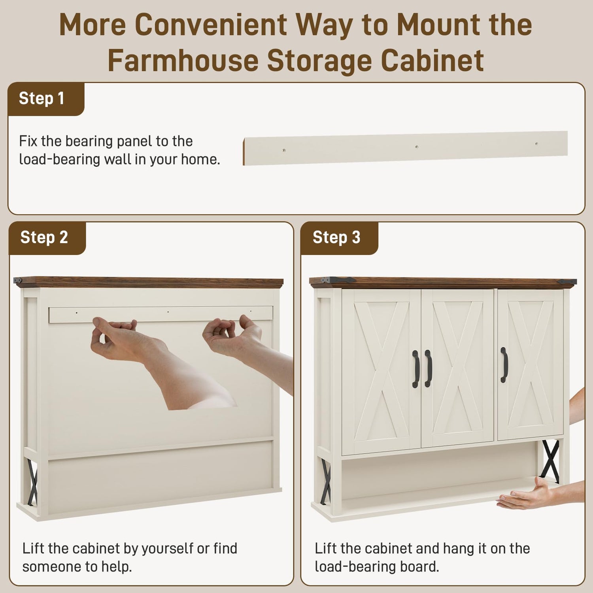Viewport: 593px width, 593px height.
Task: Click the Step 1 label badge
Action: tap(46, 99)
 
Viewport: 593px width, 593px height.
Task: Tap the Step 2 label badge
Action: tap(47, 238)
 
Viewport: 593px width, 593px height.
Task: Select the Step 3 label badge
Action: tap(339, 238)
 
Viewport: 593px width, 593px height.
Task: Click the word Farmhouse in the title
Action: tap(183, 60)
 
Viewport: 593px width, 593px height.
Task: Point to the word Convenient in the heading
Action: tap(211, 25)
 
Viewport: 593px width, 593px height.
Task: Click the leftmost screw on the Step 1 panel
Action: tap(284, 151)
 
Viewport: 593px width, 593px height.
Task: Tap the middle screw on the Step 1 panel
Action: tap(417, 147)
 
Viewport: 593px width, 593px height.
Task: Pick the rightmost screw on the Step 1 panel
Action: tap(536, 144)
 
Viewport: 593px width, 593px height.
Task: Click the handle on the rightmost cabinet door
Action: tap(504, 365)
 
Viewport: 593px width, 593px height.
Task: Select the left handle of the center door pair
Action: tap(415, 369)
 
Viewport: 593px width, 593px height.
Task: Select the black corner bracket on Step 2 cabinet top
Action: tap(18, 280)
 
